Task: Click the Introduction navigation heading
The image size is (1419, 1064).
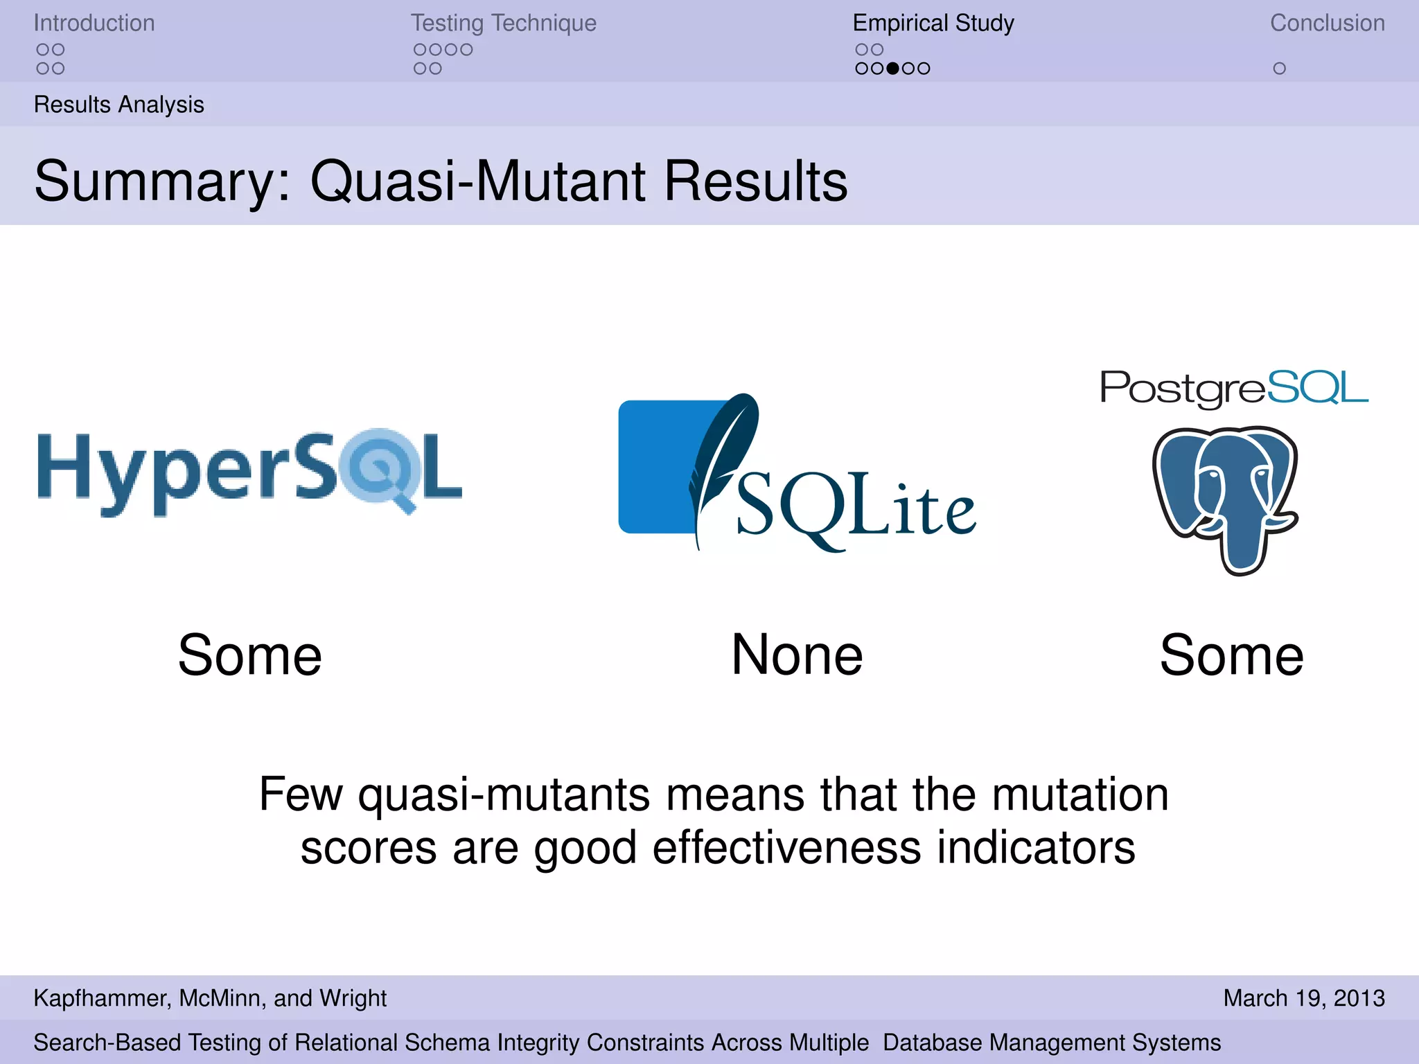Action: point(94,23)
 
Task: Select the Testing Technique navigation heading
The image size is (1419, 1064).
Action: point(503,23)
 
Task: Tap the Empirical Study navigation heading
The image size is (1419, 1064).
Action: point(933,23)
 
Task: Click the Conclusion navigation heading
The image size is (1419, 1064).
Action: point(1327,23)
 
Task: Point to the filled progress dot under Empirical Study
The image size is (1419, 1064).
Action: point(893,69)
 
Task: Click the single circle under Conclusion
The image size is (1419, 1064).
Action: point(1279,69)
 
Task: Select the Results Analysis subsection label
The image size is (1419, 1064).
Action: point(118,105)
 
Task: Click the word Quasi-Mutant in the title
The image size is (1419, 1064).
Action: point(478,181)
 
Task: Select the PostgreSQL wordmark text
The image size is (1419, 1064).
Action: point(1234,388)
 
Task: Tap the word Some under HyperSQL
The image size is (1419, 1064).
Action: point(250,655)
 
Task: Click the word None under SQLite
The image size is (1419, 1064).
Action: point(797,655)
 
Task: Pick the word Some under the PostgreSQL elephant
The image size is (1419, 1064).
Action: point(1231,655)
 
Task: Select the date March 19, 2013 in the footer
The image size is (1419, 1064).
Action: point(1303,998)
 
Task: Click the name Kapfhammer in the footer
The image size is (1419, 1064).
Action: point(101,998)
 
